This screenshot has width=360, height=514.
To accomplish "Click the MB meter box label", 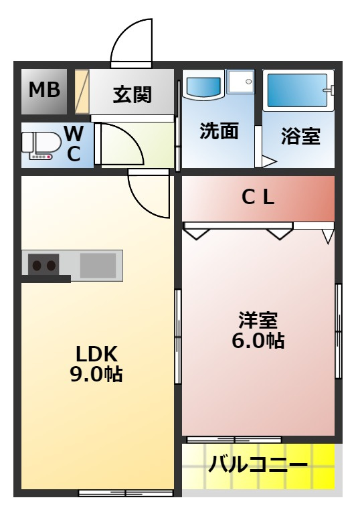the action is [x=45, y=90].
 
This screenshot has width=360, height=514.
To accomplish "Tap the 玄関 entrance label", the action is [x=132, y=95].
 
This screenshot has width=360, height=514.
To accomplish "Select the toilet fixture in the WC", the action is [x=41, y=146].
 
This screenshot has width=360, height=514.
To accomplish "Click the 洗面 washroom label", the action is [x=219, y=131].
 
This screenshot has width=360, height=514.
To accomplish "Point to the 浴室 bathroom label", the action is [x=300, y=136].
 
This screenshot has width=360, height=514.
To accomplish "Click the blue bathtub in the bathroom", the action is [x=297, y=90].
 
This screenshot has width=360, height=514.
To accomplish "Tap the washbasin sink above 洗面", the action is [x=203, y=86].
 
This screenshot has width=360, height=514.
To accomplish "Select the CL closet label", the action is [x=258, y=197].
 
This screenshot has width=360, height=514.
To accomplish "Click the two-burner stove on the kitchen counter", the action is [x=43, y=264].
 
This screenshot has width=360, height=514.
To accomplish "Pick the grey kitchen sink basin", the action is [x=98, y=265].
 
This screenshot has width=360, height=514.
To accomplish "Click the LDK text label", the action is [x=96, y=353].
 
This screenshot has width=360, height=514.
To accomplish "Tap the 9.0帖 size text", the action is [x=96, y=373].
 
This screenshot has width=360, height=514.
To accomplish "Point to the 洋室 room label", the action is [x=258, y=320].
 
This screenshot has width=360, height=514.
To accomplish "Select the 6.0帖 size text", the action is [x=258, y=340].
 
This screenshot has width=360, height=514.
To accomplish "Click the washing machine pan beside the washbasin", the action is [x=242, y=81].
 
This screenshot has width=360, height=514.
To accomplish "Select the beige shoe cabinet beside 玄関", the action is [x=82, y=92].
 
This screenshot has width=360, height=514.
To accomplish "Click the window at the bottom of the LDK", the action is [x=126, y=493].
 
